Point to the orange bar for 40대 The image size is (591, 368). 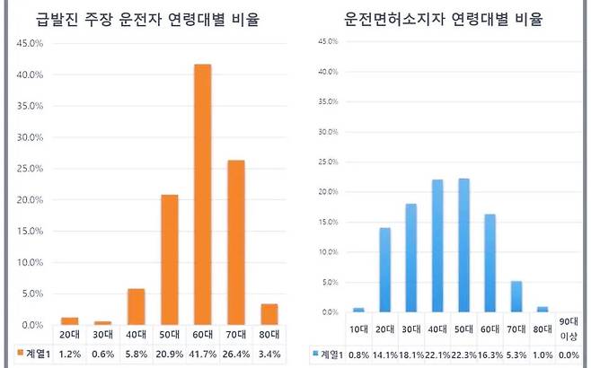(137, 306)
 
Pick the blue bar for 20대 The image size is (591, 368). (384, 269)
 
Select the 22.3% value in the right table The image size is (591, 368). (463, 354)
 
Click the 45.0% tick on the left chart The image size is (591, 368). (30, 43)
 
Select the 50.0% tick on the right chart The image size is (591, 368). (326, 41)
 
